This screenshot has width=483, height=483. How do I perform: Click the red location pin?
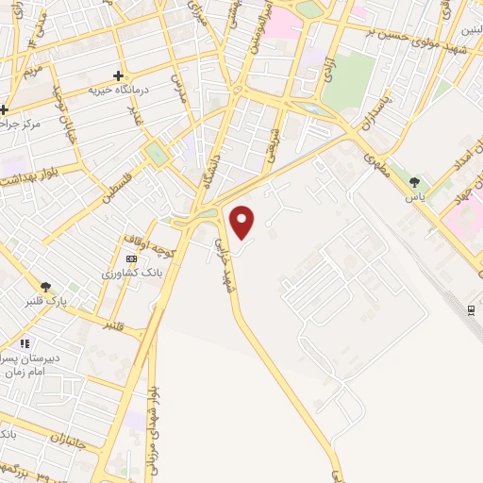pyautogui.click(x=243, y=222)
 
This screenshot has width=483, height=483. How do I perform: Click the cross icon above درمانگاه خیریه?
pyautogui.click(x=118, y=75)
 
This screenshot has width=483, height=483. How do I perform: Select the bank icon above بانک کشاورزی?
pyautogui.click(x=131, y=258)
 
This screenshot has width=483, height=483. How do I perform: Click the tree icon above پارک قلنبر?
pyautogui.click(x=44, y=287)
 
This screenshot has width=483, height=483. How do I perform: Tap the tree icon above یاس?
pyautogui.click(x=415, y=181)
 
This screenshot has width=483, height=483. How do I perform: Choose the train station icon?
pyautogui.click(x=471, y=310)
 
